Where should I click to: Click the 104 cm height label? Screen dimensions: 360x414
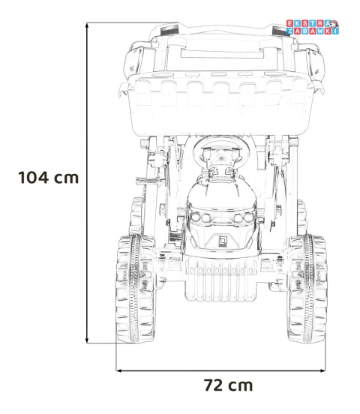tap(49, 177)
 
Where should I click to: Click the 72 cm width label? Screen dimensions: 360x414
tap(229, 385)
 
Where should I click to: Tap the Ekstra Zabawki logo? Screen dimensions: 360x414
tap(313, 27)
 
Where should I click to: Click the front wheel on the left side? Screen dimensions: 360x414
tap(135, 289)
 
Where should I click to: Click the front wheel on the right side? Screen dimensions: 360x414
tap(307, 289)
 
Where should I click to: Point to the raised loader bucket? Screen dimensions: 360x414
tap(221, 103)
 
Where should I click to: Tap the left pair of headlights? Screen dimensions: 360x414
tap(201, 217)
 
